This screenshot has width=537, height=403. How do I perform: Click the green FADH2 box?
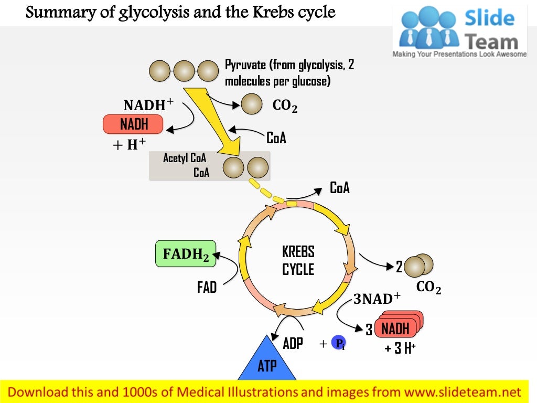186,254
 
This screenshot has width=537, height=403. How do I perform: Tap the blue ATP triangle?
267,363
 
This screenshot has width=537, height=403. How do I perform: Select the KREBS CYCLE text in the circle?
298,260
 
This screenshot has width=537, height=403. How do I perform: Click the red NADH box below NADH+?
133,124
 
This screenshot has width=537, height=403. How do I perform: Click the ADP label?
293,344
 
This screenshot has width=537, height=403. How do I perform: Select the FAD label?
207,288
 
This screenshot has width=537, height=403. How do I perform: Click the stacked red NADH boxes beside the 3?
399,327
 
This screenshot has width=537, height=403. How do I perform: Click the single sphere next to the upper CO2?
252,104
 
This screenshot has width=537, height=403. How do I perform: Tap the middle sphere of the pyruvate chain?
184,71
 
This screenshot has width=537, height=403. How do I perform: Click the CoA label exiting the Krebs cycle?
339,188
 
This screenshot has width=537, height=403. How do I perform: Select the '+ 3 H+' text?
400,348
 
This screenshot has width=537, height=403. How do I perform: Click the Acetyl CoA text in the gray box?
184,158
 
